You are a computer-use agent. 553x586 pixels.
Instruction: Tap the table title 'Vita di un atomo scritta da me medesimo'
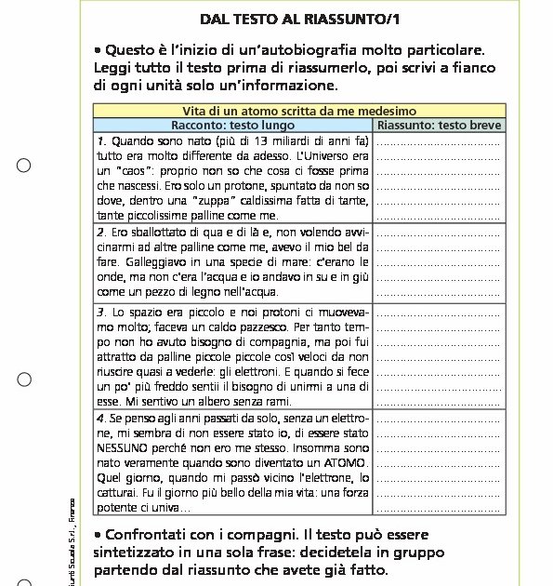click(298, 110)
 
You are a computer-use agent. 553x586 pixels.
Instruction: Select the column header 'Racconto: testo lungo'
click(232, 125)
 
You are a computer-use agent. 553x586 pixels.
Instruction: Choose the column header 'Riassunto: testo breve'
click(439, 125)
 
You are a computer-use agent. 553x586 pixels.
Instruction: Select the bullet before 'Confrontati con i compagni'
click(98, 535)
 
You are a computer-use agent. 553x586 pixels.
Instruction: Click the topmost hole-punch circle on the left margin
click(24, 166)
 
